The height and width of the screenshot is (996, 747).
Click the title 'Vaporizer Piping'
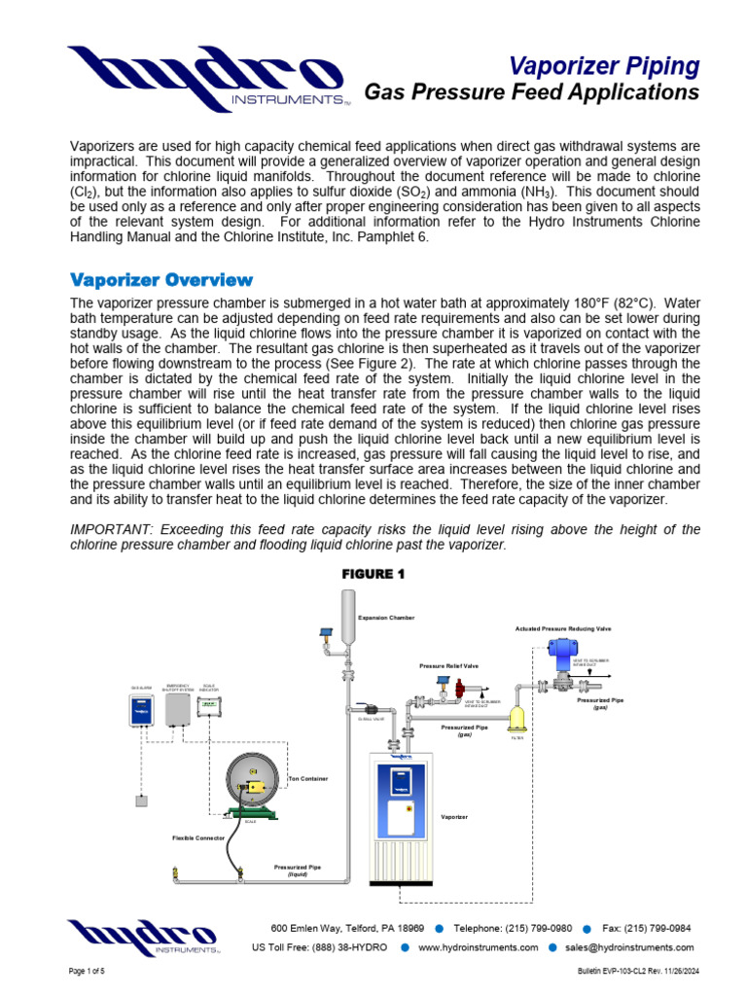click(604, 66)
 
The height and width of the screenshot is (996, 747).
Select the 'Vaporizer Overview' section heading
click(161, 280)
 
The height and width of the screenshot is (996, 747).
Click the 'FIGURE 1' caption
click(373, 574)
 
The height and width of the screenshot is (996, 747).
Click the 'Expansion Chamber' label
click(386, 617)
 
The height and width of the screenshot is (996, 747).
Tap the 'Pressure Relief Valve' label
click(448, 666)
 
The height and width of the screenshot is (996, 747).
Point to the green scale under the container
click(253, 814)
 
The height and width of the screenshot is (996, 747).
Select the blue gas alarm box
click(142, 713)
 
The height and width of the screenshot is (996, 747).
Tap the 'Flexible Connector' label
click(198, 837)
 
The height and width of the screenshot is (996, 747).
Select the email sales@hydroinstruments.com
click(629, 947)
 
